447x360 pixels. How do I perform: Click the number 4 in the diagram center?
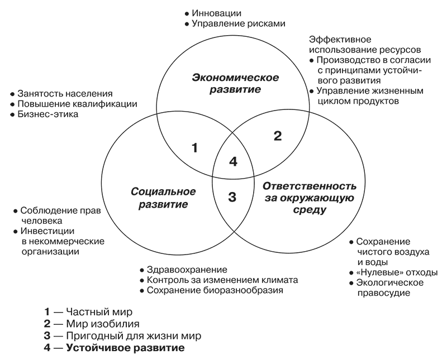(234, 162)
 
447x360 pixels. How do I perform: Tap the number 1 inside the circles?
(194, 148)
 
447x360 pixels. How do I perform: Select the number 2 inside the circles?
(278, 135)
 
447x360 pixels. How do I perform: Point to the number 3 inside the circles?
(233, 196)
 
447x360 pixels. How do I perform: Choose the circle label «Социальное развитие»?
(163, 198)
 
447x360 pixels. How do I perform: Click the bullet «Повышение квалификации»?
(77, 104)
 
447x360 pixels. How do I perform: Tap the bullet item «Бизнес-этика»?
(48, 114)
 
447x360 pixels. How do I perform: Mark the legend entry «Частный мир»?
(98, 311)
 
